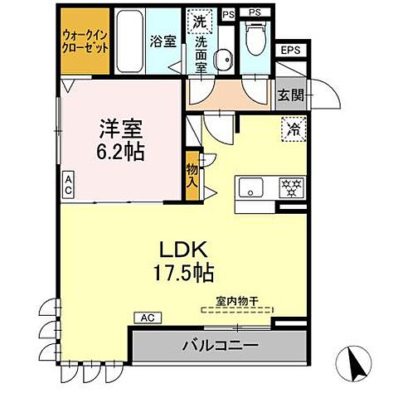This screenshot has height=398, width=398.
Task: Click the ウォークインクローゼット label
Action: tap(85, 41)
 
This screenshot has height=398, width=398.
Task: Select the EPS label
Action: tap(289, 51)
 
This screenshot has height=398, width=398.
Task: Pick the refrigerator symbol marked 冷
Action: tap(293, 129)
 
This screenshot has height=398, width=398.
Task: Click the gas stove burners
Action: tap(291, 187)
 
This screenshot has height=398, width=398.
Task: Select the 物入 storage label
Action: tap(192, 174)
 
